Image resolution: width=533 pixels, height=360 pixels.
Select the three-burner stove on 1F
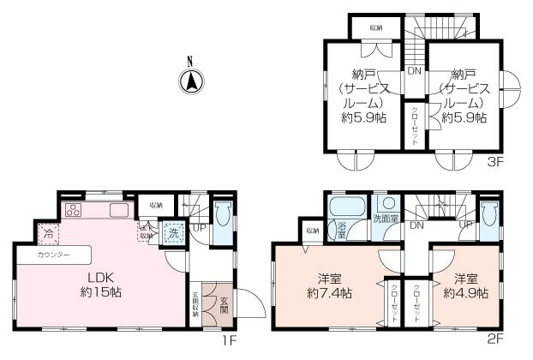pos(73,211)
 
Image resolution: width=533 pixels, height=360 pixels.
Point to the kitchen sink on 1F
pos(117,211)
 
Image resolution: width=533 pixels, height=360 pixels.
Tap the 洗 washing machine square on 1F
pos(172,232)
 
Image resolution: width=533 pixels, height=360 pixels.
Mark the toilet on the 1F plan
pos(221,216)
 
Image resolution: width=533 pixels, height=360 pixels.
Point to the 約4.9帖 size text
pos(465,293)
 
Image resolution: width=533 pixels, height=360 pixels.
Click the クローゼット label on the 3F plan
pos(415,125)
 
